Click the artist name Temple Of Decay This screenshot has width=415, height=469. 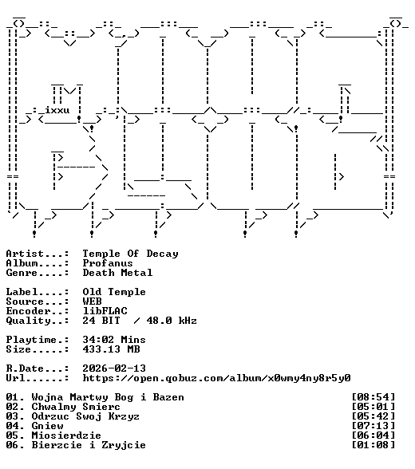pos(130,254)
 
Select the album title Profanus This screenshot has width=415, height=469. pos(108,263)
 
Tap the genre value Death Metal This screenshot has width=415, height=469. pos(117,273)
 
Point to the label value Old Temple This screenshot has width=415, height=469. pos(114,292)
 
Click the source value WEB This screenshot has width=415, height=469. pos(92,301)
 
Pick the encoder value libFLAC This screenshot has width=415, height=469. pos(105,311)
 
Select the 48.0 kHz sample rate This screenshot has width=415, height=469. pos(172,321)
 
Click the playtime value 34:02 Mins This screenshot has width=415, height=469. pos(114,340)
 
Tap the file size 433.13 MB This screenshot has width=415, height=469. pos(111,349)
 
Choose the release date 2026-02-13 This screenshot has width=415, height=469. pos(114,368)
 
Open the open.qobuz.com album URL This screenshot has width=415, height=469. pos(216,378)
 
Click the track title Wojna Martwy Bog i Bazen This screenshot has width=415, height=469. pos(108,397)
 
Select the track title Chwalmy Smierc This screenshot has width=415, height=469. pos(76,407)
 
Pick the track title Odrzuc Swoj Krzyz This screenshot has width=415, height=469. pos(85,416)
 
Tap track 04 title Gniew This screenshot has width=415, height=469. pos(47,426)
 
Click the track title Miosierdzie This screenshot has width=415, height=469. pos(66,436)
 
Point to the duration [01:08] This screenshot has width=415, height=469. pos(373,445)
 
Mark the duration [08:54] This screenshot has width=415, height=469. pos(373,397)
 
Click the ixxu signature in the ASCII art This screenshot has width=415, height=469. pos(57,110)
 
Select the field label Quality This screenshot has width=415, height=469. pos(28,321)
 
